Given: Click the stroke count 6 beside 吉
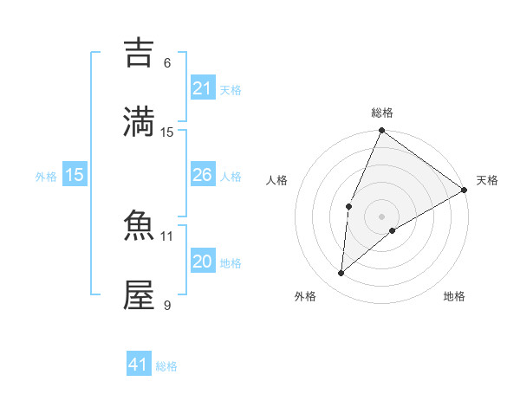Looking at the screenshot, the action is (x=167, y=63).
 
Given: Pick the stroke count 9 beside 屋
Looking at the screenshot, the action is (x=167, y=305).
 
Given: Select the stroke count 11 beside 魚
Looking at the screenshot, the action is (x=167, y=236).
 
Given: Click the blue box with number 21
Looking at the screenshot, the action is (x=202, y=88).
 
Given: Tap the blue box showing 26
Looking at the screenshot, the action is (x=202, y=175).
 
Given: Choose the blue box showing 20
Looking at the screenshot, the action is (x=202, y=262).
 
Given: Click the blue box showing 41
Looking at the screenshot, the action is (x=139, y=365).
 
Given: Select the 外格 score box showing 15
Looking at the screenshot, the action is (x=75, y=175).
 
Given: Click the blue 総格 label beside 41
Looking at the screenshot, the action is (x=167, y=366).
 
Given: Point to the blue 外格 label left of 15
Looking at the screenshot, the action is (x=46, y=176).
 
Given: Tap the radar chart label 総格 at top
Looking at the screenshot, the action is (x=382, y=113).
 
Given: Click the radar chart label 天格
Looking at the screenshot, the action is (x=487, y=180).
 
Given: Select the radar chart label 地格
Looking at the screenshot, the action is (x=454, y=296).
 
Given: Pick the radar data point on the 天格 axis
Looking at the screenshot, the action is (x=465, y=190).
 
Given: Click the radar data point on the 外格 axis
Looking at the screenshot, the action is (x=341, y=274).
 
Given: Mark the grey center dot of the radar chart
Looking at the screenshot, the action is (x=382, y=216).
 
